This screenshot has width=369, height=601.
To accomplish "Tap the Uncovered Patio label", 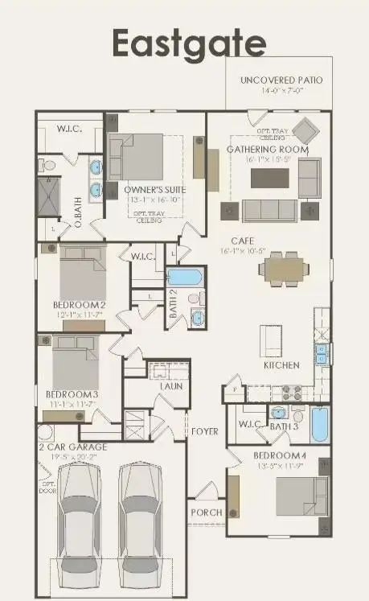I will click(x=281, y=80).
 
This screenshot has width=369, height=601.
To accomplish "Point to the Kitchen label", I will click(x=281, y=365).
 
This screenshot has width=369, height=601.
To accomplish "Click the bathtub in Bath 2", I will click(x=185, y=278).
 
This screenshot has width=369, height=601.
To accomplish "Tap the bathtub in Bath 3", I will click(x=319, y=425).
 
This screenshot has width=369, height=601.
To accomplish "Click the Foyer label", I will click(x=204, y=432).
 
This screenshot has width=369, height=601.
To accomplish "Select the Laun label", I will click(x=170, y=386).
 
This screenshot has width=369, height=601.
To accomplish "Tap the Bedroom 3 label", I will click(x=72, y=394).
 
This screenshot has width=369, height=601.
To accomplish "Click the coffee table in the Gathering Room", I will click(x=265, y=178).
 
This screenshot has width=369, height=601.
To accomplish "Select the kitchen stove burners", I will click(x=291, y=393).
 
